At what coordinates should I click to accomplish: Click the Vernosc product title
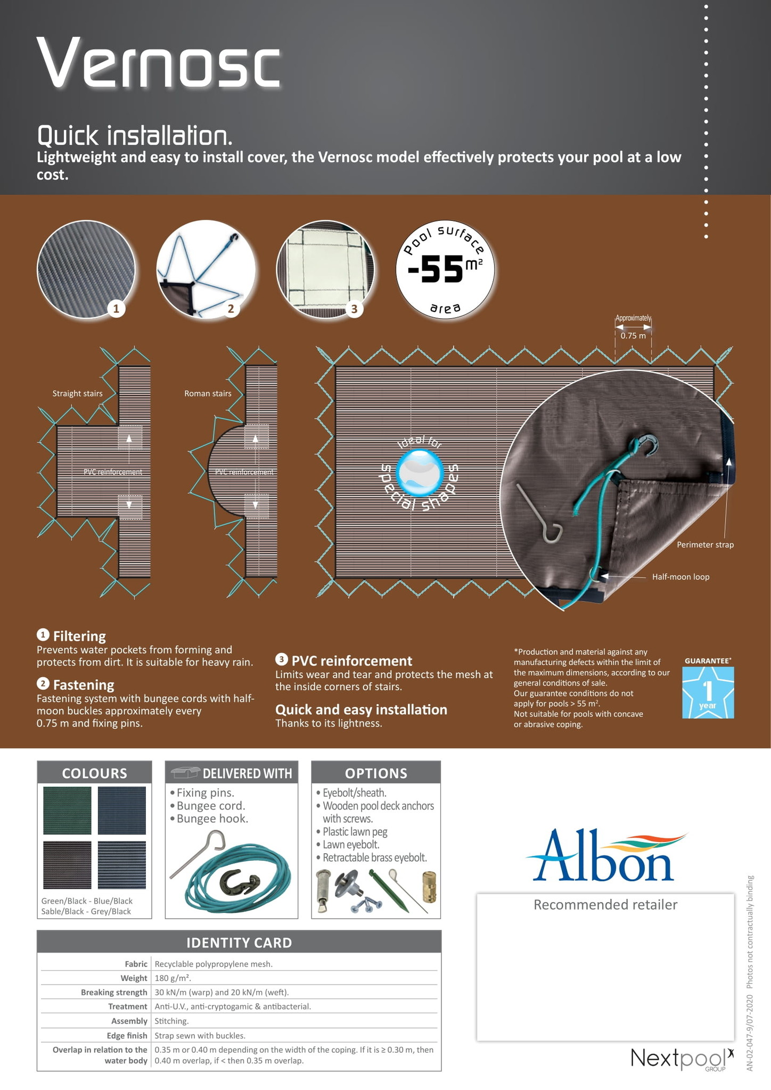click(158, 62)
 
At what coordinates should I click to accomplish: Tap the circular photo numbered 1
click(86, 269)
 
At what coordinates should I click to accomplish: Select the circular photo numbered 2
click(206, 269)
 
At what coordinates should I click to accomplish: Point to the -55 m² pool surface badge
click(445, 269)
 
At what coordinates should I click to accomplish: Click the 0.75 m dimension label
click(633, 336)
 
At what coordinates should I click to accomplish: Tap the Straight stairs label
click(77, 393)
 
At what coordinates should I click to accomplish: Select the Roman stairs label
click(208, 393)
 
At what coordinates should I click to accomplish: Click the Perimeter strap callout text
click(705, 544)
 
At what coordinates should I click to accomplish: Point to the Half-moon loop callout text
click(680, 576)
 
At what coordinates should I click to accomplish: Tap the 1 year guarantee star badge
click(708, 692)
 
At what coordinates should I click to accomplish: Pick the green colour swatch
click(67, 811)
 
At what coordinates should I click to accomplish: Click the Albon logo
click(605, 855)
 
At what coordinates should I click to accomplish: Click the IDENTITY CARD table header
click(239, 943)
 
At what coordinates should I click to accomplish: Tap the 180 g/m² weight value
click(173, 978)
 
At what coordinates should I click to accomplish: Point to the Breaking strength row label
click(114, 992)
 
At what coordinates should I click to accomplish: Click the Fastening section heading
click(84, 684)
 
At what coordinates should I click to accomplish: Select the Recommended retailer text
click(605, 905)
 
